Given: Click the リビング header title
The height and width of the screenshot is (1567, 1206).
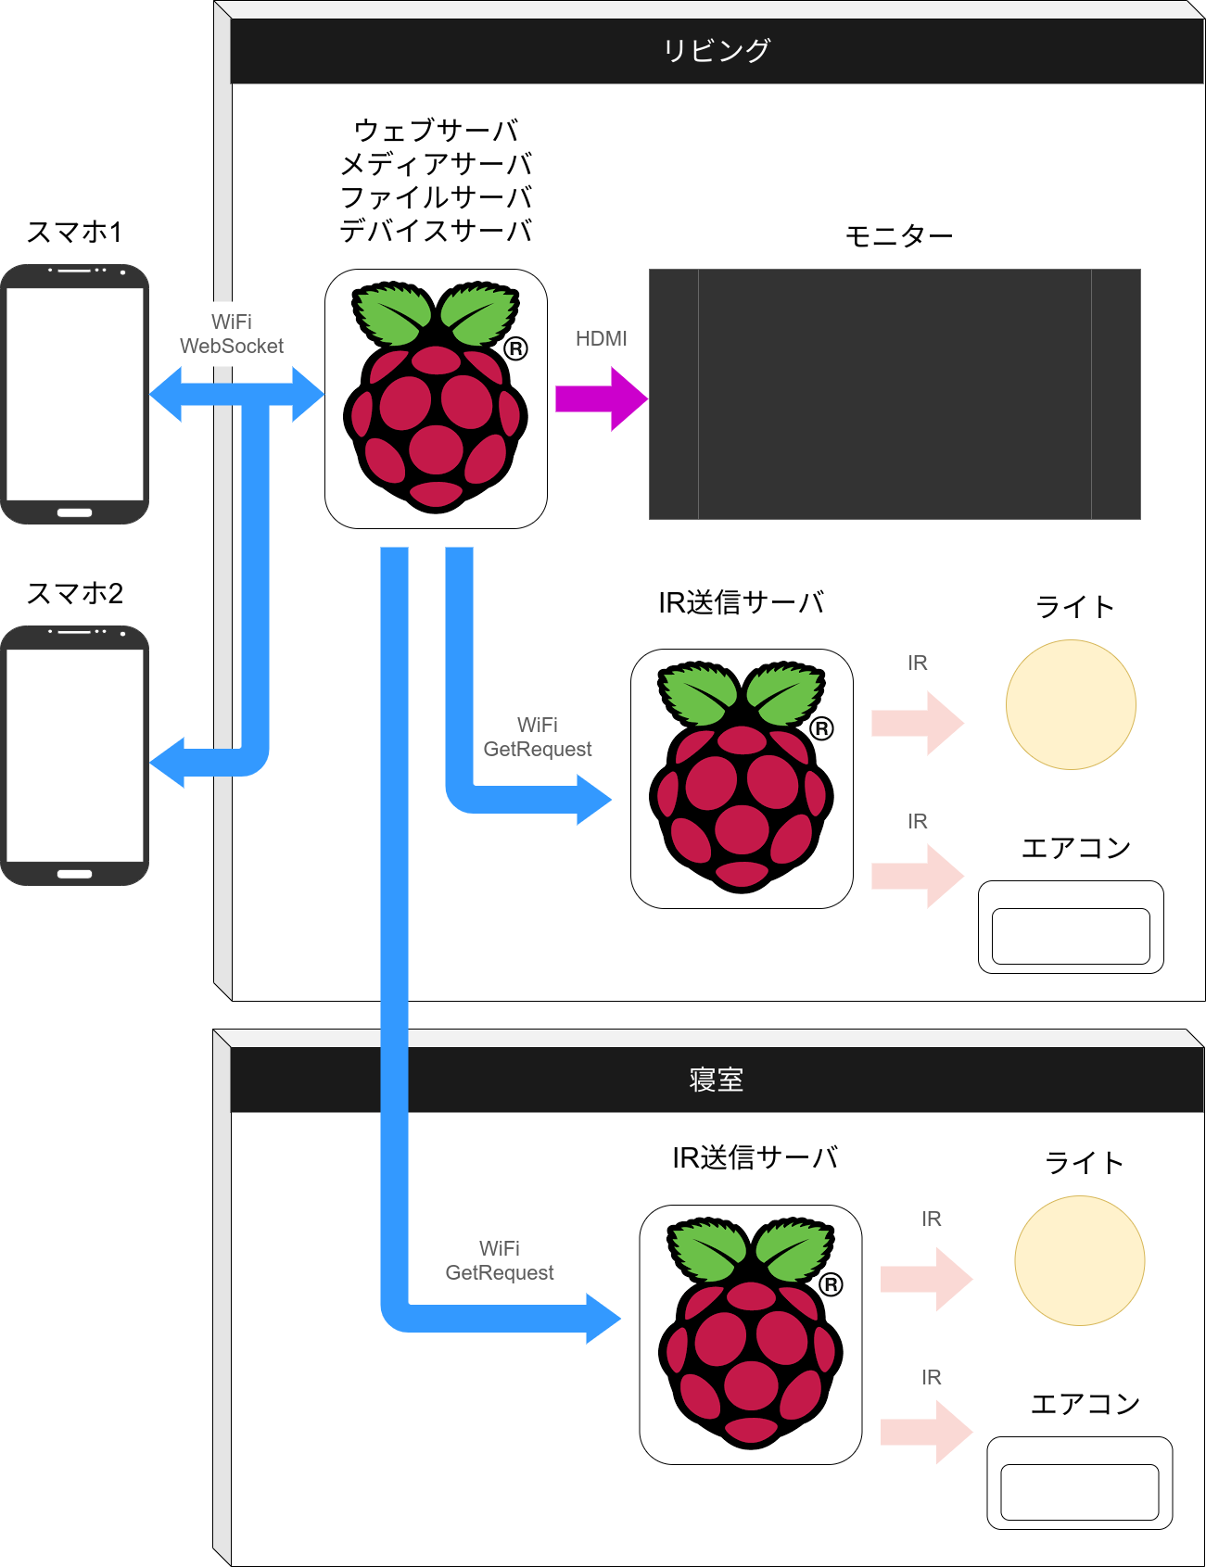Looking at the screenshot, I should coord(717,50).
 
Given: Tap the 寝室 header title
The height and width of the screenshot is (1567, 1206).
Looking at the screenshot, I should coord(717,1080).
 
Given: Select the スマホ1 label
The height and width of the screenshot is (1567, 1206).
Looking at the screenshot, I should coord(74,232).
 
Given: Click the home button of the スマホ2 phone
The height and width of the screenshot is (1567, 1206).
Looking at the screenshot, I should coord(74,874).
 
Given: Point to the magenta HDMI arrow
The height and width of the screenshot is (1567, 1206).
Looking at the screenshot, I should coord(601,398).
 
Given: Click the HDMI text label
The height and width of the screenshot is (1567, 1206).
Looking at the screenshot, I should coord(601,339).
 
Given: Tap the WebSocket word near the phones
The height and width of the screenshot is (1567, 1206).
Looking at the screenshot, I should coord(232,347).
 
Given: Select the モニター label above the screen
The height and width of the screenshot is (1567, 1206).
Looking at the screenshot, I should coord(898,236).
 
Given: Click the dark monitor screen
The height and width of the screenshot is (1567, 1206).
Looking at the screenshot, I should coord(894,394).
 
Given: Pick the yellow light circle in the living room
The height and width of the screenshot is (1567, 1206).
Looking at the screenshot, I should coord(1071,704).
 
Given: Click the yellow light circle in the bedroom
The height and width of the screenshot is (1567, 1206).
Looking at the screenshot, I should coord(1080,1260).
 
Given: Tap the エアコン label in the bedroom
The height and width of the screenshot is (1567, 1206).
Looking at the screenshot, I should coord(1085,1404).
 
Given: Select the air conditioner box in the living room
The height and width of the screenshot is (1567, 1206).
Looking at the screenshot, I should coord(1071,927).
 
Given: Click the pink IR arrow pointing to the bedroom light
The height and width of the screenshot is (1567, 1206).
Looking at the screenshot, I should coord(925,1279).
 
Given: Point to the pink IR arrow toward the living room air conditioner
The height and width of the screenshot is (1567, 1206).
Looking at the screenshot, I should coord(917,876).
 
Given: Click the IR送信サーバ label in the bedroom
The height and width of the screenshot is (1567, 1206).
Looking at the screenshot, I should coord(755,1157).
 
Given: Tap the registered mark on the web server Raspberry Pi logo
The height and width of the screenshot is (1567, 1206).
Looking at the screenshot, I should coord(516,349).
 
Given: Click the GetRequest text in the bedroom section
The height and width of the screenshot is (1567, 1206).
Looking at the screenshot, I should coord(499,1273).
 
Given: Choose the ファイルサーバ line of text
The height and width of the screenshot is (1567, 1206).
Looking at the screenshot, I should coord(436,197).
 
